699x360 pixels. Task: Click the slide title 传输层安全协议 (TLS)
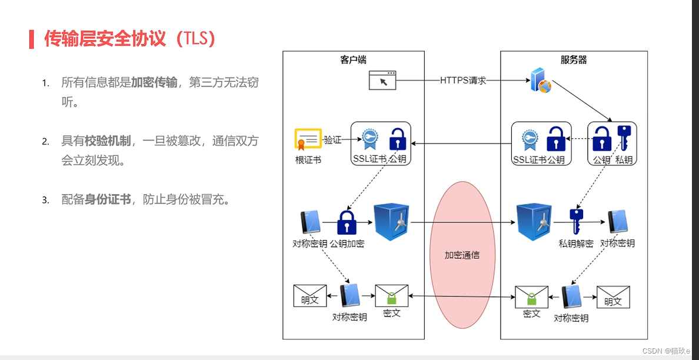pos(130,39)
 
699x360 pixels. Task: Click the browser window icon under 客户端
pos(382,80)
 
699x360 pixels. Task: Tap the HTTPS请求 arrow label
pos(463,81)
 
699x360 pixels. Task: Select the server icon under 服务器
pos(540,81)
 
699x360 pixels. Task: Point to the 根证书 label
pos(308,159)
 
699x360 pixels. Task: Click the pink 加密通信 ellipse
pos(462,254)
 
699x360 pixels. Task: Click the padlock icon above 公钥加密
pos(347,223)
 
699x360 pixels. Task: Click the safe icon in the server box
pos(534,222)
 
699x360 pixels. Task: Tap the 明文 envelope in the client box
pos(309,295)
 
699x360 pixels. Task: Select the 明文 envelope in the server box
pos(613,296)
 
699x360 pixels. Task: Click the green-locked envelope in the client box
pos(392,295)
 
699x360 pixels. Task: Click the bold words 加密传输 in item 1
pos(154,83)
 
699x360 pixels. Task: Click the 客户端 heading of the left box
pos(353,60)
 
